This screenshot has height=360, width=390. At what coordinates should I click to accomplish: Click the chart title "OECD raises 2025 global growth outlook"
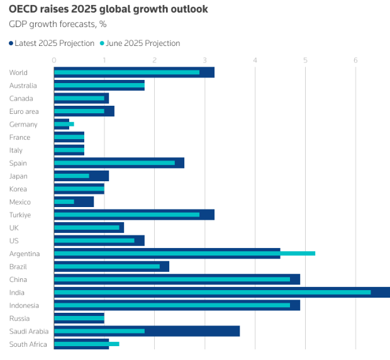108,9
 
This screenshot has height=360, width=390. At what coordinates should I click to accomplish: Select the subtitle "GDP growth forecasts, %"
57,25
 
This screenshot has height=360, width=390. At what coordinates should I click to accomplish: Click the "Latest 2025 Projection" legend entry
52,43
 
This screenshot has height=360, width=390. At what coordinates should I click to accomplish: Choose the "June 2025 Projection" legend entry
140,43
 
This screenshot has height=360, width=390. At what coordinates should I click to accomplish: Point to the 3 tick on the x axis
205,60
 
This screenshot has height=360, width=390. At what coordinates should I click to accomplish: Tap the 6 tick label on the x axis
356,60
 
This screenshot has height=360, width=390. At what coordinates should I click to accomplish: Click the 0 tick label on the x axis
54,60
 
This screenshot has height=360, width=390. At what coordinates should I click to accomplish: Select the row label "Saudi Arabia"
29,331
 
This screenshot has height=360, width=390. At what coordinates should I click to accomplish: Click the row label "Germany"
23,125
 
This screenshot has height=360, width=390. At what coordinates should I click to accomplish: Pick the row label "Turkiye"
20,215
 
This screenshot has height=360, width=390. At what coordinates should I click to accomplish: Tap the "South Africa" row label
28,344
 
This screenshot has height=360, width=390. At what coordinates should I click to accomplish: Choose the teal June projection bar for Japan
72,176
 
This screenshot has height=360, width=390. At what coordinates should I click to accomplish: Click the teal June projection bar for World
126,72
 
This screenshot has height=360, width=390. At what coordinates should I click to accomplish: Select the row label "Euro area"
24,111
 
